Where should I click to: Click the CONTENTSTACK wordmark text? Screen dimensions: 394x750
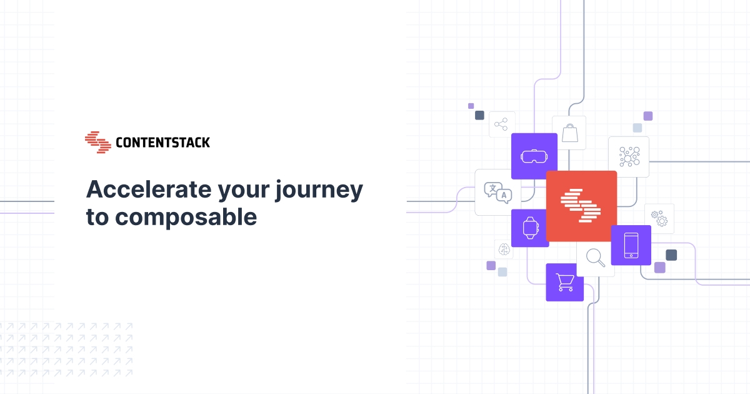162,143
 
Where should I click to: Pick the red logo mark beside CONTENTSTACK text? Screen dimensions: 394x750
97,142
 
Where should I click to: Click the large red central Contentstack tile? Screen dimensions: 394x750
581,206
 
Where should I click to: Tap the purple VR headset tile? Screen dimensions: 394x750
534,156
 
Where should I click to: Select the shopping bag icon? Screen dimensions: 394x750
569,133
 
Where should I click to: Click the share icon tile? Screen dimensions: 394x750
501,124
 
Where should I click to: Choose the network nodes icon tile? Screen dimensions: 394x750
628,156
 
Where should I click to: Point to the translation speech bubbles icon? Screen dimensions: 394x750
497,192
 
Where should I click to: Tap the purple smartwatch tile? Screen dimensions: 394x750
530,228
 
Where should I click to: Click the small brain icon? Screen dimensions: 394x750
504,249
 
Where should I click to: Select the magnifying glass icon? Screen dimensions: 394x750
595,258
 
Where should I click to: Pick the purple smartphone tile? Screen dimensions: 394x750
631,245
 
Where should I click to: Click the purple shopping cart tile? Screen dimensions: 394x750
564,282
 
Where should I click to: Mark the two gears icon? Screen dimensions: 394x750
659,218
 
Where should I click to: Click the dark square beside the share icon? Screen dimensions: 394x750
479,115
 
